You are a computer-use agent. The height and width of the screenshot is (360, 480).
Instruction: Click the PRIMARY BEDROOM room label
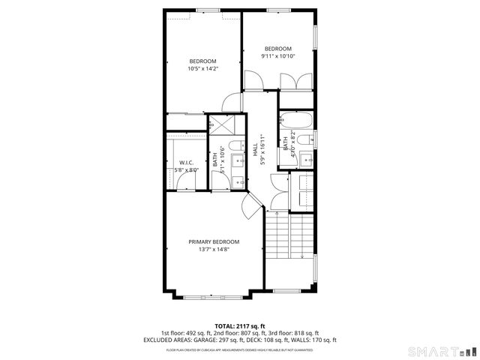pyautogui.click(x=214, y=241)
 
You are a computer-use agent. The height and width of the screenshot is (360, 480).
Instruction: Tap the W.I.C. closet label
pyautogui.click(x=186, y=163)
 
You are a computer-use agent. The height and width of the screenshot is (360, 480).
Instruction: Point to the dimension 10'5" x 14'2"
pyautogui.click(x=202, y=69)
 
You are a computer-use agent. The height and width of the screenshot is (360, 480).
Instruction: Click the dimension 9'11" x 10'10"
pyautogui.click(x=277, y=55)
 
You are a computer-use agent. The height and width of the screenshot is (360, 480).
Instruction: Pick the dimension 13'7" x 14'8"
pyautogui.click(x=214, y=249)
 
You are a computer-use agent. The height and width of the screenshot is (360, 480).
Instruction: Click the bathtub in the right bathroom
pyautogui.click(x=295, y=118)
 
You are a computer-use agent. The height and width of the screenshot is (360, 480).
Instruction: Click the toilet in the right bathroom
pyautogui.click(x=303, y=139)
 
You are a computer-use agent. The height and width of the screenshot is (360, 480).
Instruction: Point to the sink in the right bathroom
pyautogui.click(x=307, y=159)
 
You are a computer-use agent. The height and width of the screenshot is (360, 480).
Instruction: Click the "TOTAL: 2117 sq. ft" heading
pyautogui.click(x=239, y=325)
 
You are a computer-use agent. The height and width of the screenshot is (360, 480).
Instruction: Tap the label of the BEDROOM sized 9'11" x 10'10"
pyautogui.click(x=277, y=49)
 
